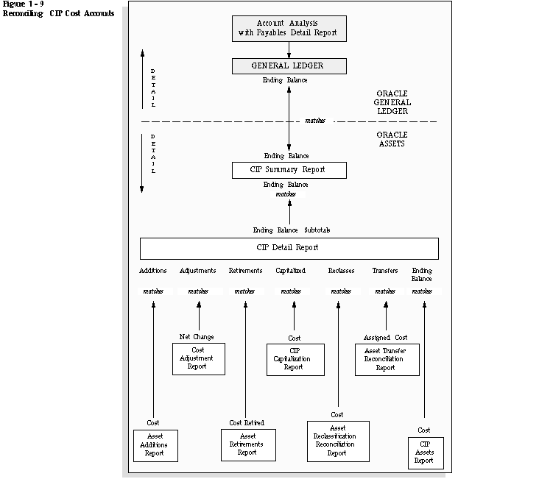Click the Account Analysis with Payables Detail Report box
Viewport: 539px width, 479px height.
pyautogui.click(x=289, y=28)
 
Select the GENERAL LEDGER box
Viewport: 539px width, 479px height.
pyautogui.click(x=288, y=65)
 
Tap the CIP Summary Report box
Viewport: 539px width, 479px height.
pyautogui.click(x=288, y=170)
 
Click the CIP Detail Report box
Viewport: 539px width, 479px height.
pyautogui.click(x=289, y=248)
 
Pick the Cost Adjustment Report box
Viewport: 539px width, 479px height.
pyautogui.click(x=198, y=358)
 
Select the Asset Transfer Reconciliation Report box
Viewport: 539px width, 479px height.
pyautogui.click(x=386, y=359)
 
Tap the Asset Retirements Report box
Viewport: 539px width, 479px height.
pyautogui.click(x=247, y=444)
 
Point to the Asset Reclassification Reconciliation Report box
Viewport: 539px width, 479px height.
pyautogui.click(x=337, y=440)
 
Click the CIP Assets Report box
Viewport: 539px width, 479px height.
pyautogui.click(x=424, y=453)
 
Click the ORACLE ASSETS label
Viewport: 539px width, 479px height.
pyautogui.click(x=392, y=139)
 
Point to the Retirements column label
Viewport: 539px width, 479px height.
pyautogui.click(x=245, y=271)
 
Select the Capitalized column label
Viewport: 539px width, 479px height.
pyautogui.click(x=291, y=271)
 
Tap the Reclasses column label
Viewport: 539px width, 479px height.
pyautogui.click(x=341, y=271)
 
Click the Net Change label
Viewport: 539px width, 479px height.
pyautogui.click(x=197, y=337)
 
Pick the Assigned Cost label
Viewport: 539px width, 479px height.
pyautogui.click(x=385, y=337)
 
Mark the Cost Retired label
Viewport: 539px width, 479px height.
pyautogui.click(x=247, y=422)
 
